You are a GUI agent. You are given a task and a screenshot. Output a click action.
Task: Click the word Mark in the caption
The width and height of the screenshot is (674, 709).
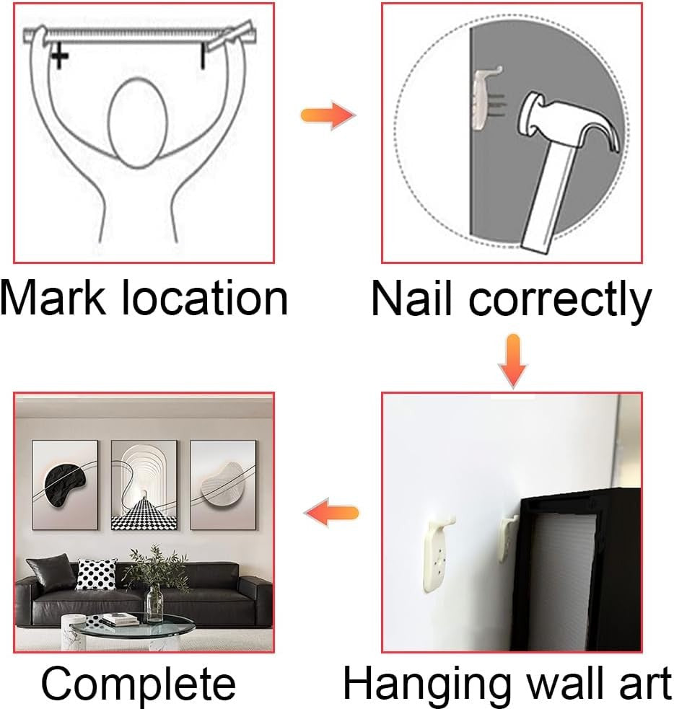coord(52,298)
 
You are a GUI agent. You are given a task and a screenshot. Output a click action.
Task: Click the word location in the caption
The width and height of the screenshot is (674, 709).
coord(204,298)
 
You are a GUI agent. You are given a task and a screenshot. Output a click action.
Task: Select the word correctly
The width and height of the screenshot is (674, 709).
coord(560,302)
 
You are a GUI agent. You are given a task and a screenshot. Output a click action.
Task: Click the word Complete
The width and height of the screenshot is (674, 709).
coord(139,684)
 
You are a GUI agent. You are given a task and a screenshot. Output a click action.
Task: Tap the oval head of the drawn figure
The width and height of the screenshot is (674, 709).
coord(138,123)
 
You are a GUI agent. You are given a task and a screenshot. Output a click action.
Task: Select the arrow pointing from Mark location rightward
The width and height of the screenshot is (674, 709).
coord(328,115)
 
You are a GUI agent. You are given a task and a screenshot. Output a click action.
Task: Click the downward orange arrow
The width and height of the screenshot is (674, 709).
coord(512,361)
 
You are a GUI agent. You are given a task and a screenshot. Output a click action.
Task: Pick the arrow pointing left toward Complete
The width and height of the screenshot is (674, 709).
coord(331,513)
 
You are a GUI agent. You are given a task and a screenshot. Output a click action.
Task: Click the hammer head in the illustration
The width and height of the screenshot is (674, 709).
coord(571,120)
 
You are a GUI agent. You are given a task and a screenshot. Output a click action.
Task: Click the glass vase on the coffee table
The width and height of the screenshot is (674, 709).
coord(154,602)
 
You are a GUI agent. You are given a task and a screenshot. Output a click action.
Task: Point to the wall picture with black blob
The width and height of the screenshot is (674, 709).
coord(65,484)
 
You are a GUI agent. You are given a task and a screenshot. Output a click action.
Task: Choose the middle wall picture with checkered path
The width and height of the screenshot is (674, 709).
coord(144,485)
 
